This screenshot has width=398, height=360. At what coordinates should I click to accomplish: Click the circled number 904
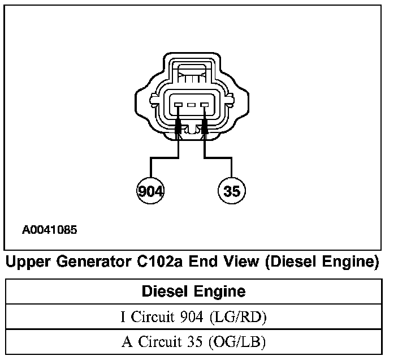point(150,191)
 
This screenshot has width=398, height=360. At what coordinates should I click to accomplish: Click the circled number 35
point(232,191)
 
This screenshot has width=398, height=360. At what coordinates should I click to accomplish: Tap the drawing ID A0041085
point(50,230)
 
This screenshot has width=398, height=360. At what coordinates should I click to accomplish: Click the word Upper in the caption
point(33,263)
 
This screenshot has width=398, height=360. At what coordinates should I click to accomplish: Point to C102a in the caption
point(161,263)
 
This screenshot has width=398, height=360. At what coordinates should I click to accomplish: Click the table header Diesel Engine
point(193,292)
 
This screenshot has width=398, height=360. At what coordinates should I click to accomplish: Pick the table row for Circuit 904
point(193,317)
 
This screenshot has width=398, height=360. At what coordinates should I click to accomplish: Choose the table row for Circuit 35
point(193,342)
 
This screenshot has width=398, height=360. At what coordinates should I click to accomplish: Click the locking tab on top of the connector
point(191,72)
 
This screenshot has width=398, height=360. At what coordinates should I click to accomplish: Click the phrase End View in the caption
point(219,263)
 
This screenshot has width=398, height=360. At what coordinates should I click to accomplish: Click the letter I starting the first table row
point(123,317)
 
